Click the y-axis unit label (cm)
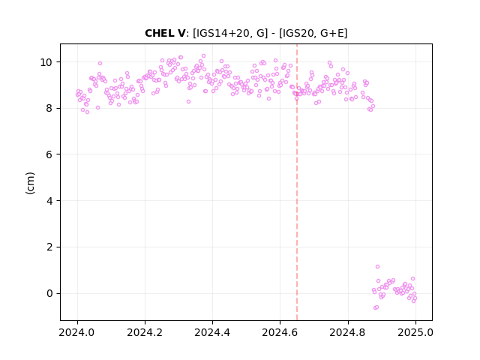point(30,183)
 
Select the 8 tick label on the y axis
point(49,108)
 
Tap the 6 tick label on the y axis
point(49,154)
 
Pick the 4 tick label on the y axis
point(49,201)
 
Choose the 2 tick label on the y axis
point(49,247)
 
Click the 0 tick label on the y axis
point(49,293)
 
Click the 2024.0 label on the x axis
point(77,332)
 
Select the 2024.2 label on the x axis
point(145,332)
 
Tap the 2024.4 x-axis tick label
point(212,332)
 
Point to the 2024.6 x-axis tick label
point(280,332)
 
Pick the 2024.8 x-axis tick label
point(348,332)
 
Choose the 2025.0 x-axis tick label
point(415,332)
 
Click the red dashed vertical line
point(297,182)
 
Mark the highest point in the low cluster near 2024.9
point(377,267)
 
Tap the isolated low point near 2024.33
point(188,102)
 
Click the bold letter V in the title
point(181,33)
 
